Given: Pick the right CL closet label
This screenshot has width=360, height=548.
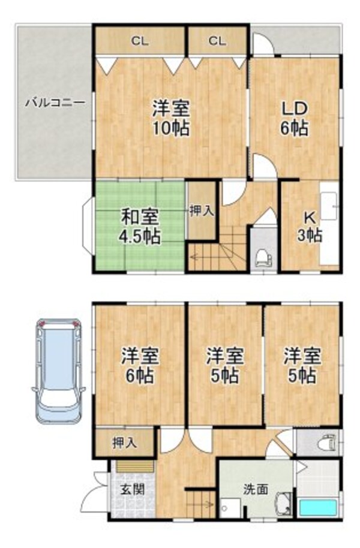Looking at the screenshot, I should [x=217, y=41].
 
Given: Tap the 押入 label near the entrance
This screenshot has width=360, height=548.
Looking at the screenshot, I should [x=125, y=443].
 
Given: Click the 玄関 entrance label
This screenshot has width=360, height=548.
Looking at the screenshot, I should [x=131, y=489].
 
